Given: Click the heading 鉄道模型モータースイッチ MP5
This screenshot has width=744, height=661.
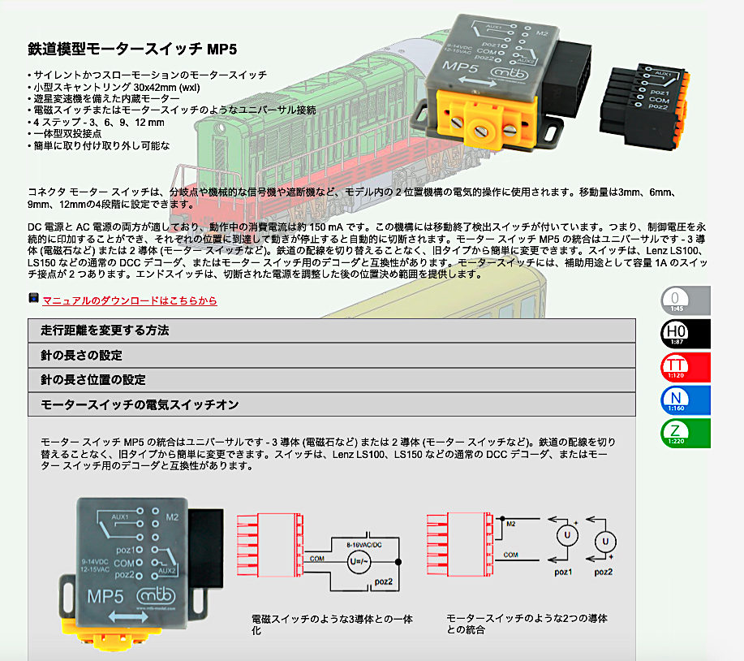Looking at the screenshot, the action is click(132, 50).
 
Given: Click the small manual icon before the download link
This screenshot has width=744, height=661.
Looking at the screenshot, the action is click(33, 299).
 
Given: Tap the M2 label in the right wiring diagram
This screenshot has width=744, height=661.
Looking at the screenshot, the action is click(510, 525).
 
